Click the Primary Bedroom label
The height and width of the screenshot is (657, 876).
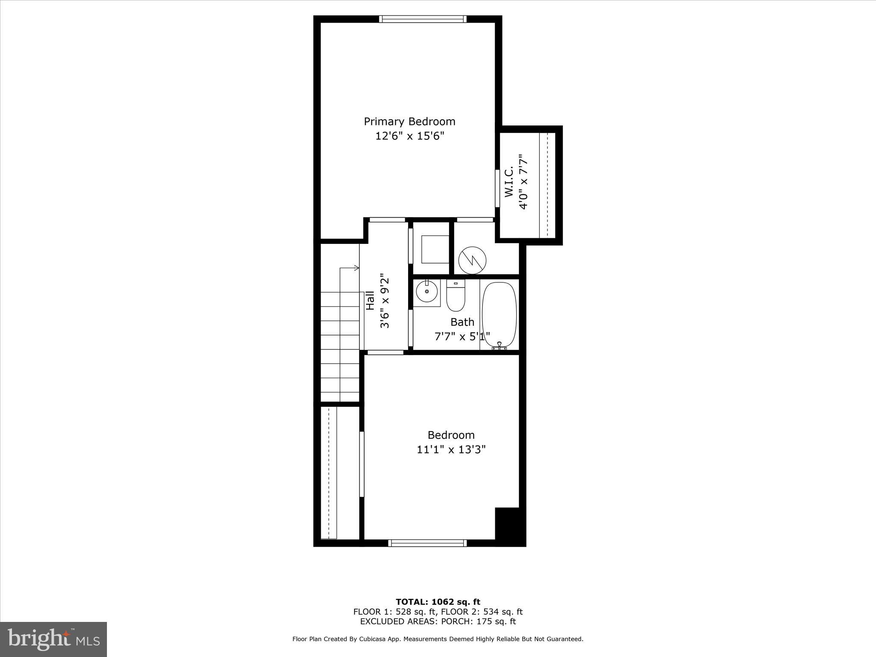tap(409, 121)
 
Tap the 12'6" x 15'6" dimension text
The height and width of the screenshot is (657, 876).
tap(410, 136)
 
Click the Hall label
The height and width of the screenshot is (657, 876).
tap(370, 301)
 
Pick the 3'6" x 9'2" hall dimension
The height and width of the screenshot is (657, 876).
tap(385, 301)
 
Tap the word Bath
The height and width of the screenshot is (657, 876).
tap(462, 322)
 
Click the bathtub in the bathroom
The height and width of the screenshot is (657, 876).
tap(499, 314)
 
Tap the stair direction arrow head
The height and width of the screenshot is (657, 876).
tap(357, 268)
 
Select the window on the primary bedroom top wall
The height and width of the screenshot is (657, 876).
tap(423, 19)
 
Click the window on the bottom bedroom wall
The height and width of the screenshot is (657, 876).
tap(427, 543)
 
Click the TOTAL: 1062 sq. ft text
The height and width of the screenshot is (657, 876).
tap(438, 602)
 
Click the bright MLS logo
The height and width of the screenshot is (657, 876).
tap(53, 640)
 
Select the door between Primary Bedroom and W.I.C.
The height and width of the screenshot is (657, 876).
tap(497, 189)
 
